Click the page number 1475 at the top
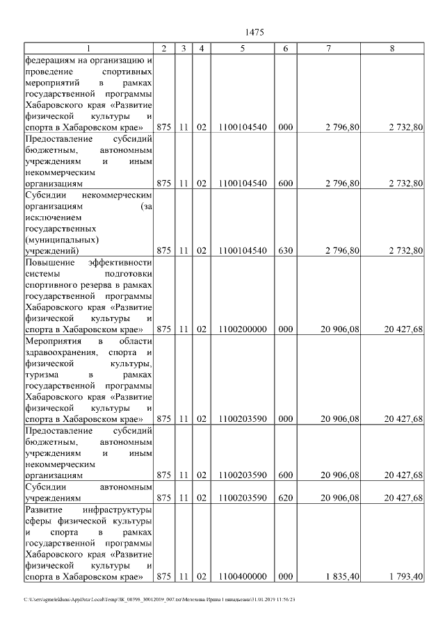pos(255,33)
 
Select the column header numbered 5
pos(242,48)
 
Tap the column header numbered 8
pos(392,48)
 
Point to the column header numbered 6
pos(286,48)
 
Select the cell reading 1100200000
pos(242,329)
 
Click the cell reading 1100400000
pos(242,576)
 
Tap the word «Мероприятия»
pos(54,341)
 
